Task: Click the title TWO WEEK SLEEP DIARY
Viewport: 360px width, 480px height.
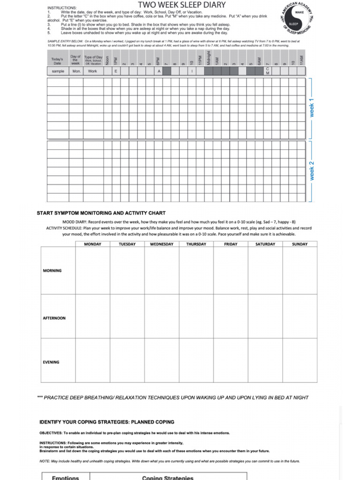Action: pos(181,5)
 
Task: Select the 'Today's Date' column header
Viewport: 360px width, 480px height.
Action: pos(57,61)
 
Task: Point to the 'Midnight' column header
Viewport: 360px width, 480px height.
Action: pos(208,59)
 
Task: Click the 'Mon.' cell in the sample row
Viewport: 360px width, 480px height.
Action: pos(76,71)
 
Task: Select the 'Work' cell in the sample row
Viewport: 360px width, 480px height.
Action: pos(93,71)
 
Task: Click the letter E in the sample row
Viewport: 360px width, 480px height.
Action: pos(116,71)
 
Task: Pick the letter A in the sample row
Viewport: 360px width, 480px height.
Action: pos(158,71)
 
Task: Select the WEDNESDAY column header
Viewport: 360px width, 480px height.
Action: pos(161,244)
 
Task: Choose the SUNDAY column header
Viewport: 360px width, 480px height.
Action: pos(300,244)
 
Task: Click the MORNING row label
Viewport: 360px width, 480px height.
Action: pos(52,270)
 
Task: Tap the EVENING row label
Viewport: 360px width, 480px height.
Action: pos(51,362)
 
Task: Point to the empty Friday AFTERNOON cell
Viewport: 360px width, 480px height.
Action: pos(231,318)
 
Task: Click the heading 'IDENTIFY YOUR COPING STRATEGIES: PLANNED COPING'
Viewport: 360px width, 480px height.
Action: pos(106,421)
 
